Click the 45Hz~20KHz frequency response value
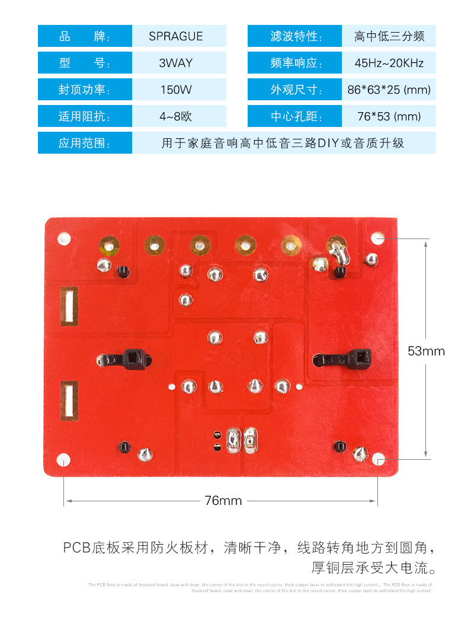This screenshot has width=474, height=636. point(389,63)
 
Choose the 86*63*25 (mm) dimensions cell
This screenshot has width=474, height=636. point(389,90)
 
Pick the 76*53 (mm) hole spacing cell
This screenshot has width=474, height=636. point(389,116)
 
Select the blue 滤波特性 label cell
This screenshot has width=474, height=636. point(294,36)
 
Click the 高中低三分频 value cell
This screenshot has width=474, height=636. point(389,36)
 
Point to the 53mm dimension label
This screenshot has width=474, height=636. point(426,351)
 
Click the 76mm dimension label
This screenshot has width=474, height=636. point(223,501)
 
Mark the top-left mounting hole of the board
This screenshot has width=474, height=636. point(63,238)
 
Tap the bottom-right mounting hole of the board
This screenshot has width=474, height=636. point(378,459)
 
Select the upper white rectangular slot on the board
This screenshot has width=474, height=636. point(69,306)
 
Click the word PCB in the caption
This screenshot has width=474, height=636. point(76,547)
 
